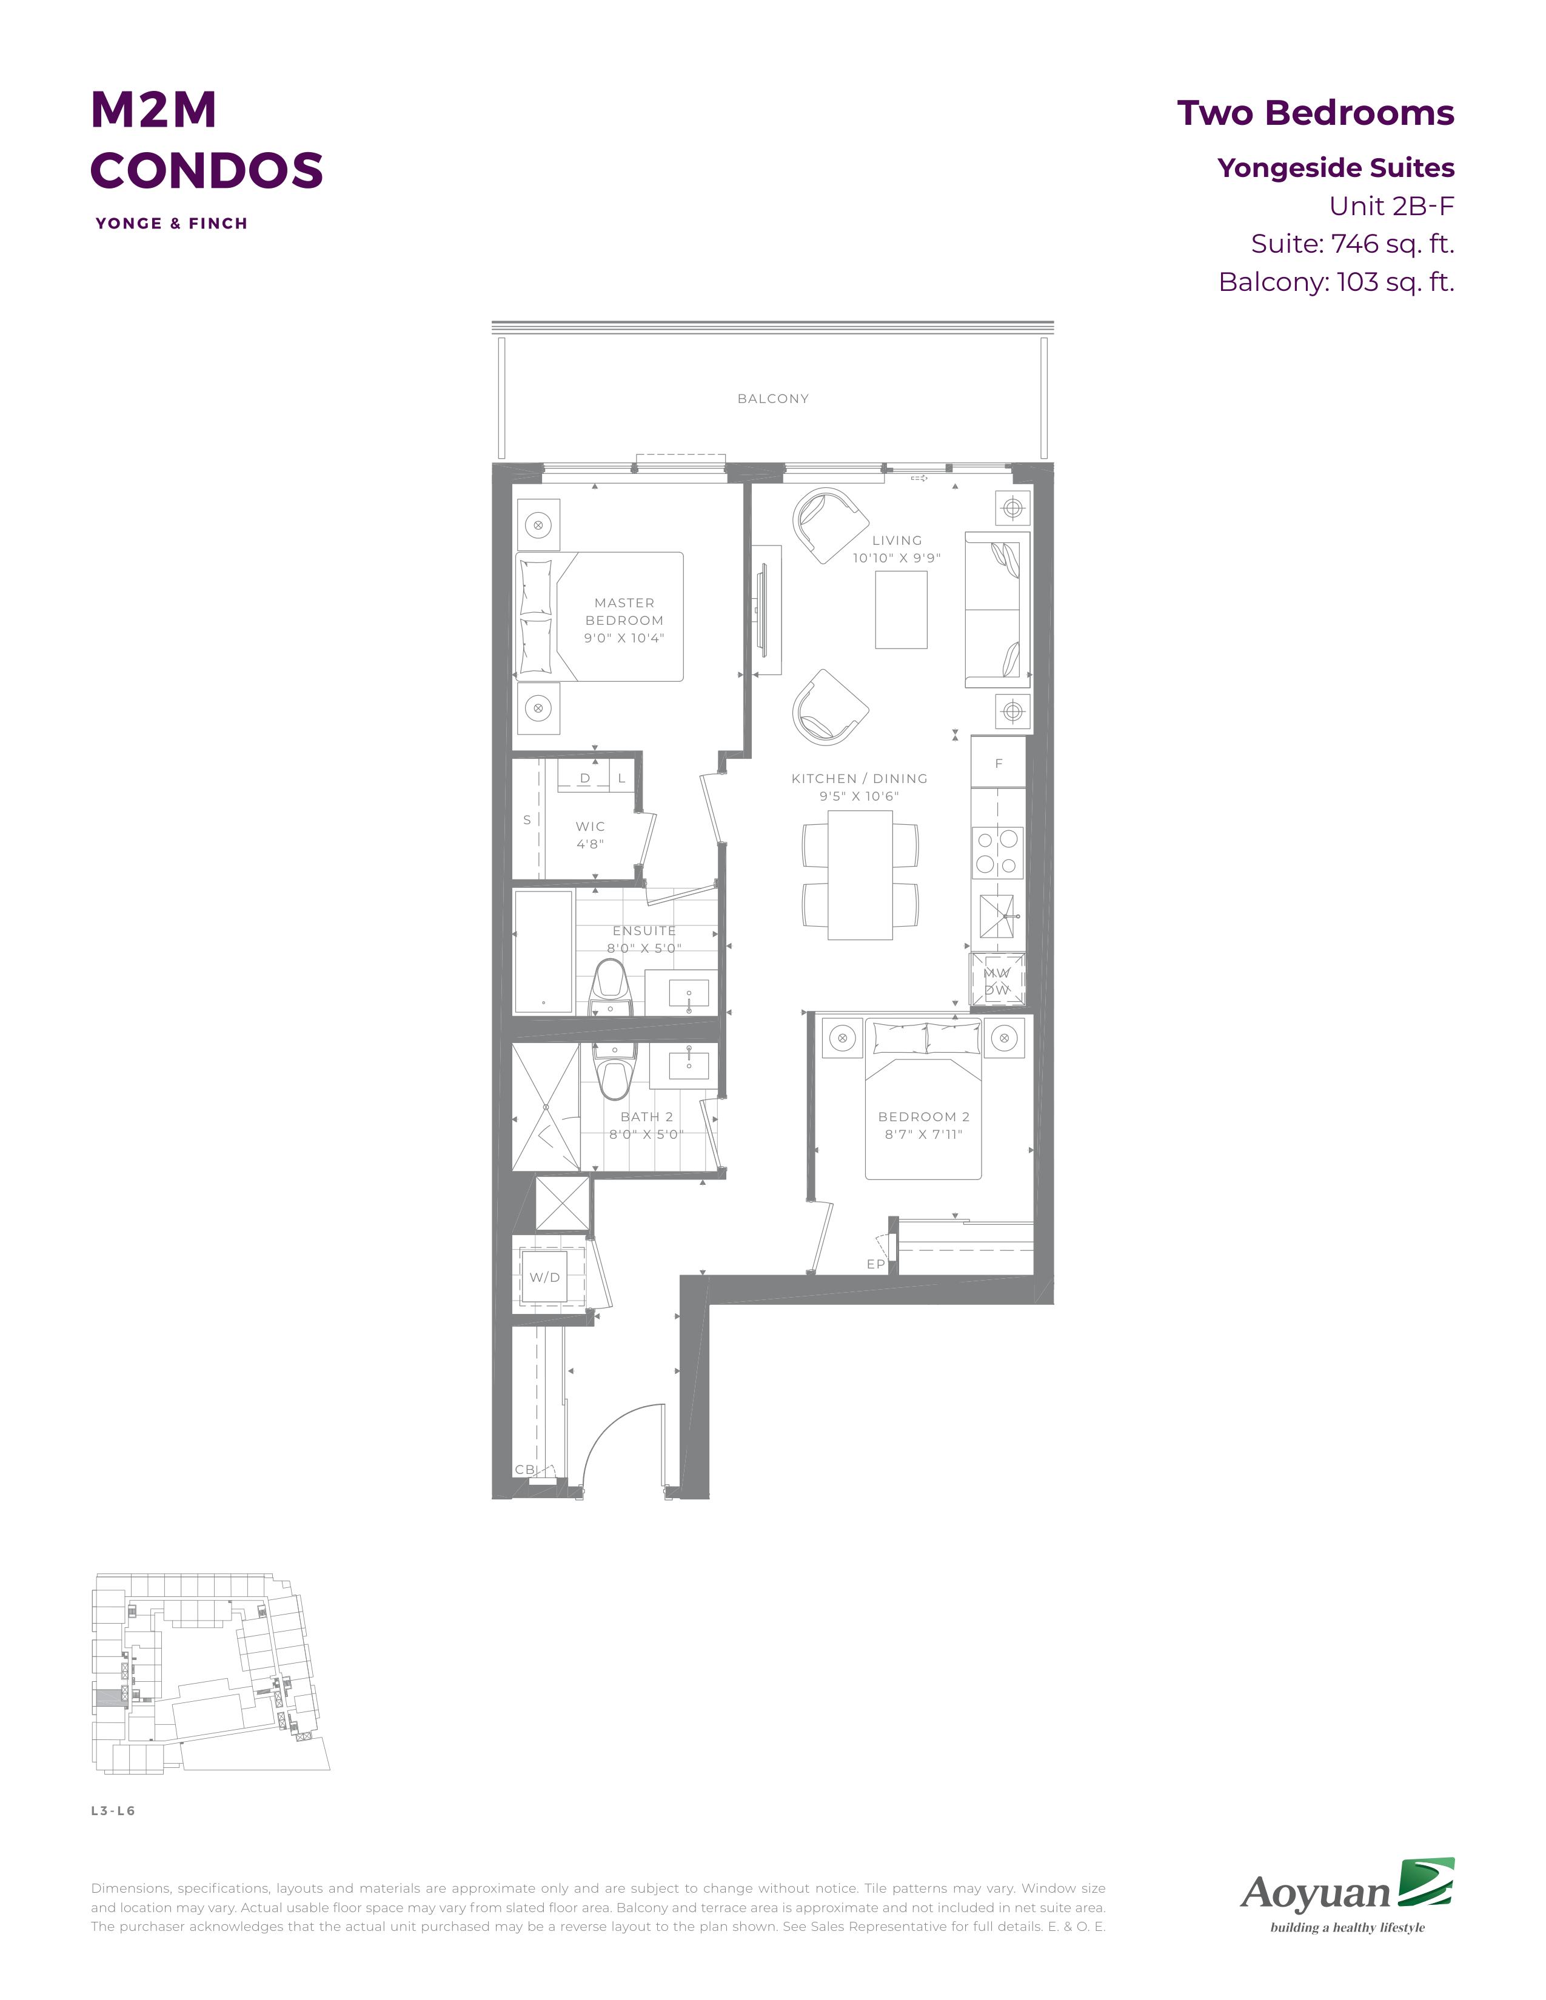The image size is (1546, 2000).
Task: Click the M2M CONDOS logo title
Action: (x=207, y=139)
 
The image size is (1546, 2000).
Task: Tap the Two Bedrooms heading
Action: (x=1315, y=113)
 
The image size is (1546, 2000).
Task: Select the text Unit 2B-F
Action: (x=1392, y=206)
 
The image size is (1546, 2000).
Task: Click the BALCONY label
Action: (x=773, y=398)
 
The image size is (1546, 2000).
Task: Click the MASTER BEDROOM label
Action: (x=624, y=612)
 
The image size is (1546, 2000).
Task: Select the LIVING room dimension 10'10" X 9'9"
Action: (x=897, y=558)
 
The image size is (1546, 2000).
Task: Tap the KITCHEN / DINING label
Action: (x=859, y=778)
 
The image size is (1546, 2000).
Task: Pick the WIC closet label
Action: (x=590, y=826)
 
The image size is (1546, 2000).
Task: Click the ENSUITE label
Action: (x=644, y=930)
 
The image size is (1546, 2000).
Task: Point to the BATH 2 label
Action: (x=647, y=1116)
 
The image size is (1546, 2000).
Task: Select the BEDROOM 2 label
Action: (x=923, y=1116)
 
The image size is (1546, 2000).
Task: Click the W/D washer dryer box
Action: (x=545, y=1276)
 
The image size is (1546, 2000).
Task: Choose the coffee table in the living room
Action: (x=901, y=610)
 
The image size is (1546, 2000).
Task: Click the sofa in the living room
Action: (x=997, y=609)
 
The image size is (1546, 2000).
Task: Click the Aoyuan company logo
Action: (x=1347, y=1895)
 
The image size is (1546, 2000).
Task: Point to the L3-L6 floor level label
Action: (x=113, y=1810)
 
